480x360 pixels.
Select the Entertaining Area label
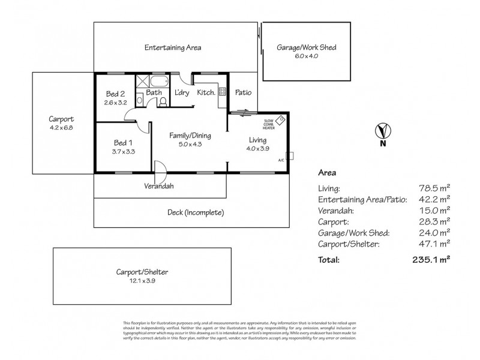(173, 47)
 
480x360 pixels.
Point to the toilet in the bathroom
(162, 103)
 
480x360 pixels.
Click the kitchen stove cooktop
(221, 92)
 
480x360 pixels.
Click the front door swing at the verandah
(160, 169)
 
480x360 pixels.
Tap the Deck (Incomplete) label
(196, 212)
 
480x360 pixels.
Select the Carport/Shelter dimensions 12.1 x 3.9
(142, 280)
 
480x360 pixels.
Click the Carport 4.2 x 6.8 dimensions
(61, 127)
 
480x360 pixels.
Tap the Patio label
(243, 93)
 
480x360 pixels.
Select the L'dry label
(182, 93)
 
